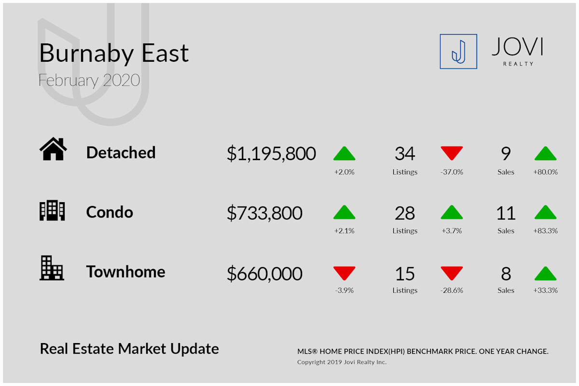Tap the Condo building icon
(x=52, y=210)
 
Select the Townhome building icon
(x=52, y=268)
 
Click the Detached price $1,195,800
(x=271, y=153)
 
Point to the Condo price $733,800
(x=264, y=213)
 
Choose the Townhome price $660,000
(x=264, y=274)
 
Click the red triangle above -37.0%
(x=452, y=153)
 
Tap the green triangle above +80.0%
(x=545, y=153)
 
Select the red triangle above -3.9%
(x=345, y=273)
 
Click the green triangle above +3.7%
(x=452, y=212)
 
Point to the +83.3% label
(x=545, y=231)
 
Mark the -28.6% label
(x=452, y=290)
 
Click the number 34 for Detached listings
(x=405, y=153)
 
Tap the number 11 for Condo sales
(x=506, y=213)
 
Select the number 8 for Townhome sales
(x=506, y=274)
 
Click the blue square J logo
(x=458, y=52)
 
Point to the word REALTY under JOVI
(x=518, y=64)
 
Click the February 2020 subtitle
(x=89, y=81)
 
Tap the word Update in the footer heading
(x=194, y=349)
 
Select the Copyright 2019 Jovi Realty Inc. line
(x=342, y=362)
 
